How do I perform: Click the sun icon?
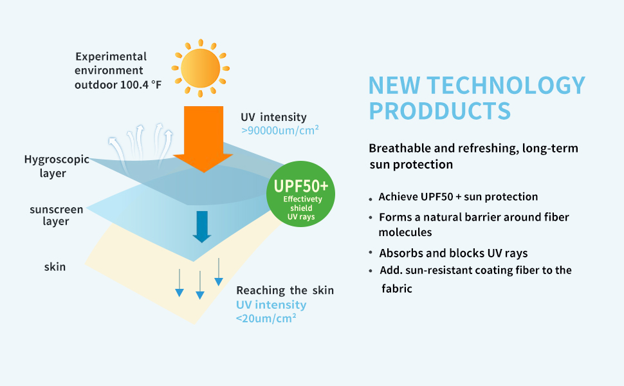[x=200, y=67]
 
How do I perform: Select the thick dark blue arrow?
[x=202, y=226]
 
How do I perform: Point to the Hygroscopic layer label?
[x=55, y=165]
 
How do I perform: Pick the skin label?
[x=55, y=266]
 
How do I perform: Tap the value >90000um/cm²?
[x=280, y=131]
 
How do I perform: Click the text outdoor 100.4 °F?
[x=118, y=84]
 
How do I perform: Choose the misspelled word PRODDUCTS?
[x=439, y=111]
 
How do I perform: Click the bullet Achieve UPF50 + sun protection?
[x=458, y=196]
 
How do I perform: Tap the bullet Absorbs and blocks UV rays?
[x=454, y=252]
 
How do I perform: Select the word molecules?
[x=405, y=232]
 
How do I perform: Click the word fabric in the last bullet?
[x=397, y=289]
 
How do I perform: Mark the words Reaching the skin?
[x=285, y=290]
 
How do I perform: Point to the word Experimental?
[x=111, y=56]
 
